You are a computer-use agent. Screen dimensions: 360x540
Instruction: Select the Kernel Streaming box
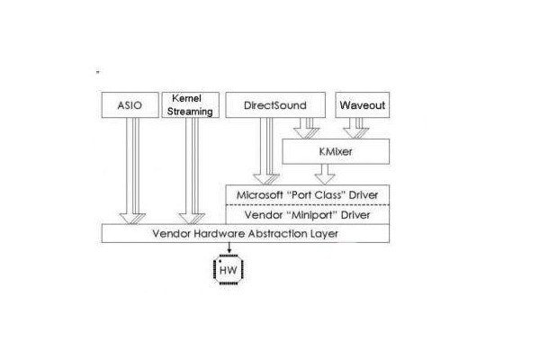pyautogui.click(x=191, y=105)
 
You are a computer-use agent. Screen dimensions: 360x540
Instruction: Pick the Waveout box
pyautogui.click(x=362, y=105)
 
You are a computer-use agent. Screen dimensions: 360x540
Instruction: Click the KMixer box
pyautogui.click(x=335, y=151)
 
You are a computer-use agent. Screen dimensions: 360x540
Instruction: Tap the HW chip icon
pyautogui.click(x=227, y=267)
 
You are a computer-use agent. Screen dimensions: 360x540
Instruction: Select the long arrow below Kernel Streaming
pyautogui.click(x=191, y=171)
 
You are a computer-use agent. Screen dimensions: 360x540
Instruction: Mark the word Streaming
pyautogui.click(x=191, y=112)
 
